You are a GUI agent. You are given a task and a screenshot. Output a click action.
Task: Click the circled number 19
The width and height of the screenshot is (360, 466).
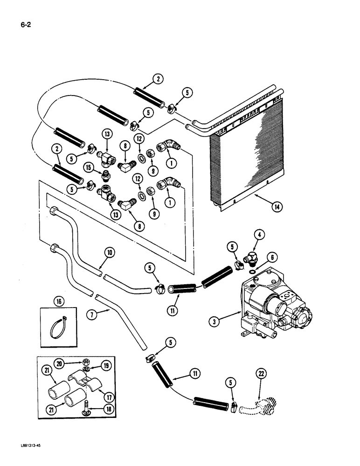(x=106, y=367)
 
